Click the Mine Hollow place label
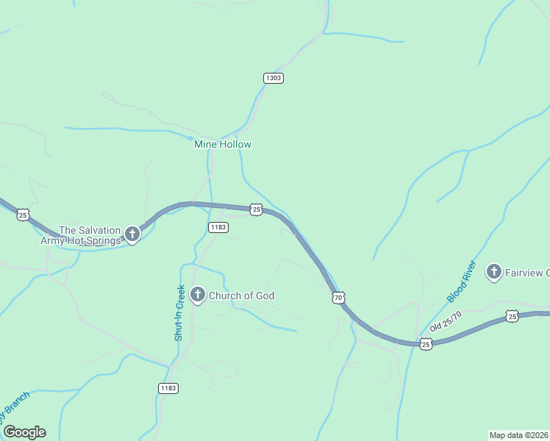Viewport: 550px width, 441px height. (222, 144)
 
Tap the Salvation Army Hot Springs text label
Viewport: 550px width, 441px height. (89, 235)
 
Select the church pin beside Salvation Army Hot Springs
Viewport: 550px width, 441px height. (132, 235)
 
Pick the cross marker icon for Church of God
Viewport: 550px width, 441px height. (197, 295)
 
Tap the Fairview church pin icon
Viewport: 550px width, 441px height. (494, 273)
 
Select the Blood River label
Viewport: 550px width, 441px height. (463, 282)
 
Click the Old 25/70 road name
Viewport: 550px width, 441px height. (446, 325)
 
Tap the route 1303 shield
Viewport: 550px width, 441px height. (274, 78)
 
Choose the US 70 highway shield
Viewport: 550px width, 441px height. (337, 298)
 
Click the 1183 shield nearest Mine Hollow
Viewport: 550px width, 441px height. (218, 227)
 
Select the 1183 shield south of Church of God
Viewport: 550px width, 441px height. (168, 388)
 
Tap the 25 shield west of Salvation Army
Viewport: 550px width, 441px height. (24, 215)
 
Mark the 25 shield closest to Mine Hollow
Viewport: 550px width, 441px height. (256, 209)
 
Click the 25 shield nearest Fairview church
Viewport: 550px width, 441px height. (512, 316)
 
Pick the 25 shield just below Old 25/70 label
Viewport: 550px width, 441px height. (426, 343)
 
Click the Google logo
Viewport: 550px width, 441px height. (24, 432)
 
